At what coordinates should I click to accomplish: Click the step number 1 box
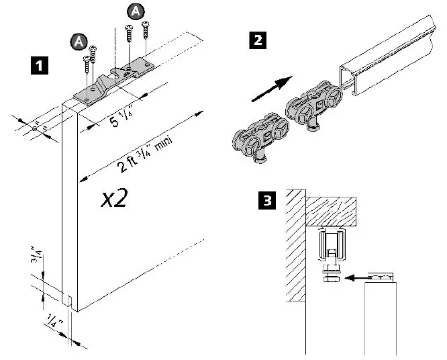tap(40, 66)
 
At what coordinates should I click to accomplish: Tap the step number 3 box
tap(266, 200)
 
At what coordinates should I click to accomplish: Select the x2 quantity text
tap(115, 198)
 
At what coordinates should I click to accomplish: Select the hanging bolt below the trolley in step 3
tap(330, 275)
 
